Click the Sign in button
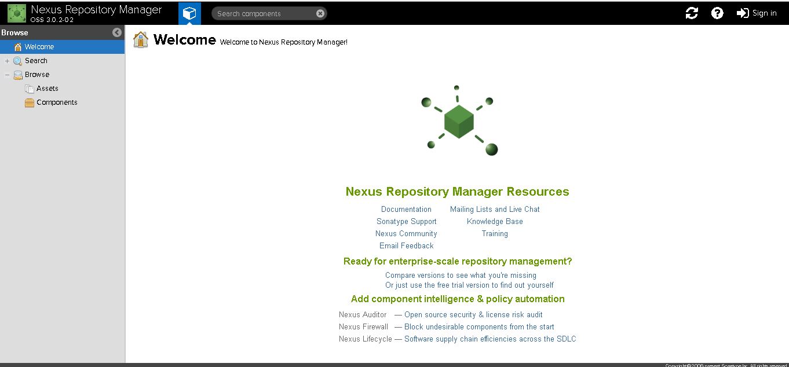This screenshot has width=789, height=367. (x=757, y=13)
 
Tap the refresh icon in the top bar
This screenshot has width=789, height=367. (x=692, y=13)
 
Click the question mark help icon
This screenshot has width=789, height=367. (x=717, y=13)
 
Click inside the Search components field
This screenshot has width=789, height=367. (x=264, y=13)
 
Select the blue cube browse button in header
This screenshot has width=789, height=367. (x=189, y=13)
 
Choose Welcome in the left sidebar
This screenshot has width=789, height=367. (x=39, y=47)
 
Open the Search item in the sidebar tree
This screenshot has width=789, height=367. (x=36, y=61)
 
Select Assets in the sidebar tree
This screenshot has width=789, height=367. (x=47, y=89)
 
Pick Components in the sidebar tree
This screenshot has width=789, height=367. (x=57, y=102)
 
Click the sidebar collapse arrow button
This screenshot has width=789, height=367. (x=117, y=32)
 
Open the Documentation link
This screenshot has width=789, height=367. (x=406, y=210)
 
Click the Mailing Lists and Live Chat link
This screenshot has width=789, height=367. (x=495, y=210)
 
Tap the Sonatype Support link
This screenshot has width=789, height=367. (x=406, y=222)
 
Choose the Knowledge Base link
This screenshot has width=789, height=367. (x=495, y=222)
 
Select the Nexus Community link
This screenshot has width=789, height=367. (x=406, y=234)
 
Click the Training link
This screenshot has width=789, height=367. (x=495, y=234)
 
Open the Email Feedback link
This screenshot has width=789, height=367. (x=406, y=246)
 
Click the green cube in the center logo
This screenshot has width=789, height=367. (x=459, y=122)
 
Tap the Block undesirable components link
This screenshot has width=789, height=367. (x=479, y=327)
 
